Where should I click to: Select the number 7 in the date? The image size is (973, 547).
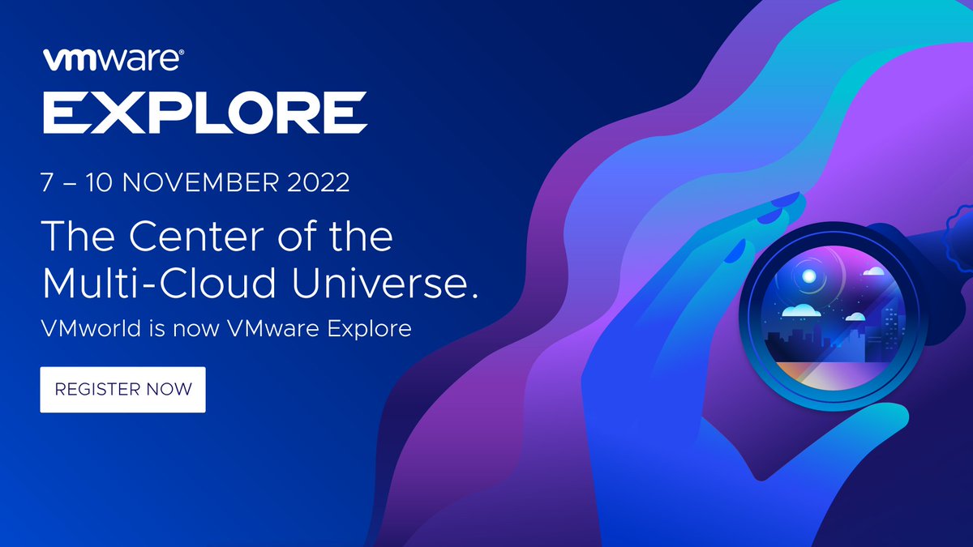[x=48, y=182]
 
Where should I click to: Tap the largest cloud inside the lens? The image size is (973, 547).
[x=800, y=310]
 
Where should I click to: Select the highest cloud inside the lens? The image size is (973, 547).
[x=872, y=272]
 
